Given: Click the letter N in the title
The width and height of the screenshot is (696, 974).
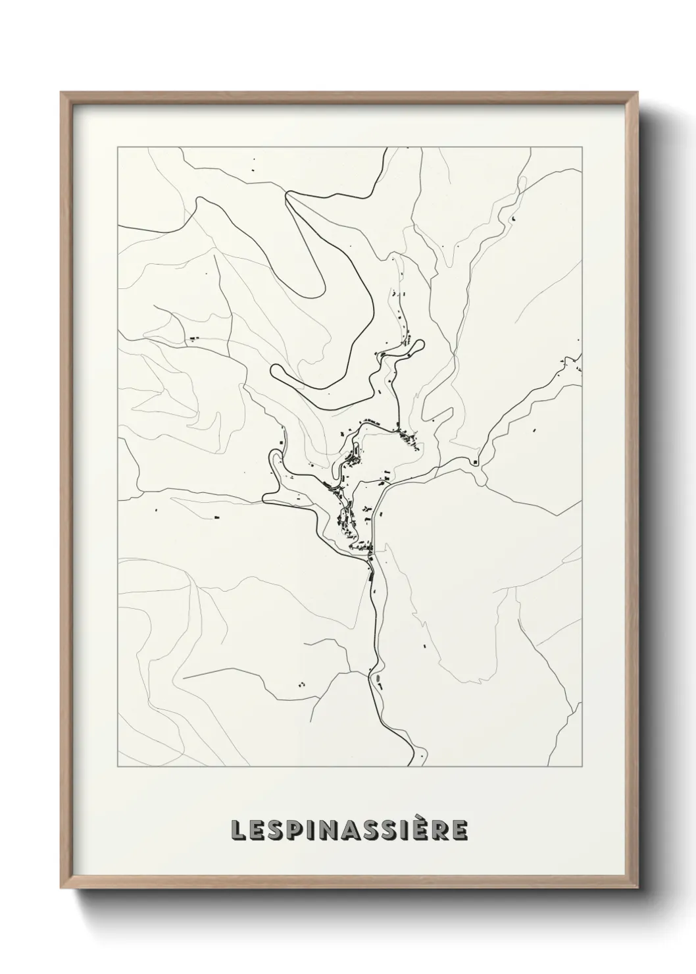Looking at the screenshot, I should (x=334, y=831).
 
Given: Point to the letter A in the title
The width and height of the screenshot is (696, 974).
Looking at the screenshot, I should (x=356, y=831).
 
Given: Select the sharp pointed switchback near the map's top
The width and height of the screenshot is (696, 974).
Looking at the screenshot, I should (x=287, y=192).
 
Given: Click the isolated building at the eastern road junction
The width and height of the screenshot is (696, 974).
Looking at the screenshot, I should (x=474, y=462).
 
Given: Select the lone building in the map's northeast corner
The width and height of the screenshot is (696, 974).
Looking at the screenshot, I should (x=513, y=218).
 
